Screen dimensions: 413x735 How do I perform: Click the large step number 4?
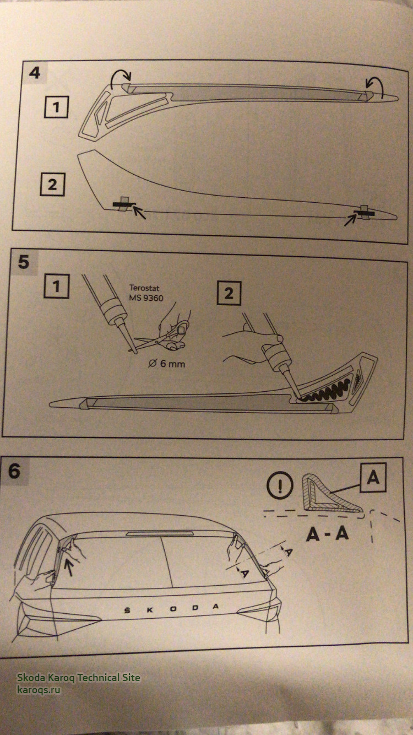click(35, 73)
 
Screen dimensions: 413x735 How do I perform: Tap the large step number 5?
click(24, 262)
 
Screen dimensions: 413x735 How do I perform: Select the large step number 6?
click(14, 472)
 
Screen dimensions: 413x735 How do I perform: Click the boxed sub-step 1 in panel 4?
click(56, 107)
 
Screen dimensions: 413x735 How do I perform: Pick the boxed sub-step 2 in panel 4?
click(52, 185)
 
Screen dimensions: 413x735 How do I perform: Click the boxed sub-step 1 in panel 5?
click(56, 286)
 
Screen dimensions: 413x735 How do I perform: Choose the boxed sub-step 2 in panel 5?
click(229, 293)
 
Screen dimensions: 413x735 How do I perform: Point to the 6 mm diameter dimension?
click(167, 363)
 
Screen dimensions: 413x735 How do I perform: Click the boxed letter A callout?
click(373, 478)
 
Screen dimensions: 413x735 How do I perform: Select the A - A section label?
click(328, 534)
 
